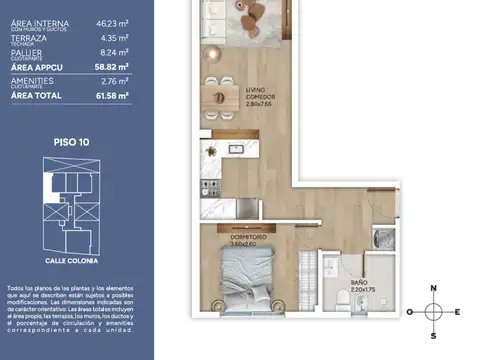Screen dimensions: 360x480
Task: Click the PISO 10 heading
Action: pos(72,142)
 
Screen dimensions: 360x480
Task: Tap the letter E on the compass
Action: pos(457,311)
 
